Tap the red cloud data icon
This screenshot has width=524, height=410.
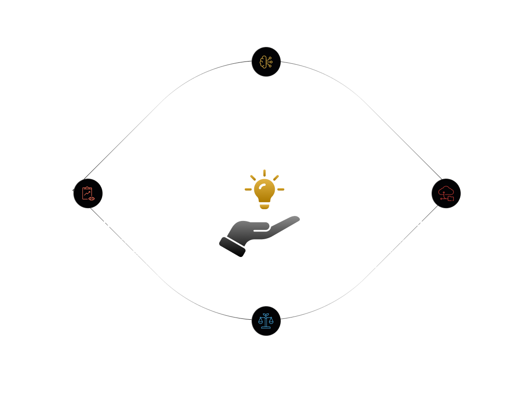(x=446, y=193)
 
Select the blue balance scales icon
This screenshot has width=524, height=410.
(x=266, y=321)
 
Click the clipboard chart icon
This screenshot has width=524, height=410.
(x=87, y=193)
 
